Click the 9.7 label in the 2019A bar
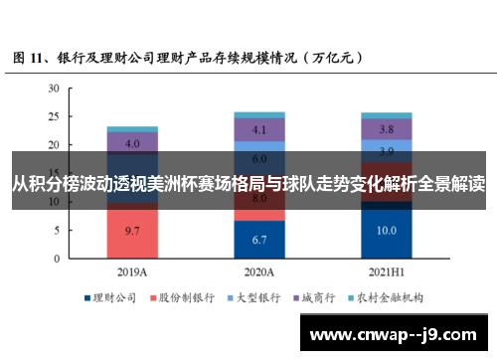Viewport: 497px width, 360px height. (132, 231)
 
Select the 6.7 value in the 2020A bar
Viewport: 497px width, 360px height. (258, 240)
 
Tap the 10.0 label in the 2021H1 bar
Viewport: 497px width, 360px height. (386, 231)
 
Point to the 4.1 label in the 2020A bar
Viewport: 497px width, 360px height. (258, 130)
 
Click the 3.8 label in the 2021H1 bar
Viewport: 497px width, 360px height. (386, 129)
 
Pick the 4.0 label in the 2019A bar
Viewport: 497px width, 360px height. (132, 143)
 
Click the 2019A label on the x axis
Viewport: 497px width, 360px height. (132, 271)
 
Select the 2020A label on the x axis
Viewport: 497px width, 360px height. (258, 271)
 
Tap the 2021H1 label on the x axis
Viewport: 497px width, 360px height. (386, 271)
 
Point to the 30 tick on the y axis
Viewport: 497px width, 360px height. (54, 89)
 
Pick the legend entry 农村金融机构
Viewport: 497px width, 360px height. (390, 297)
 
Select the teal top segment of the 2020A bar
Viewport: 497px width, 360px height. (258, 114)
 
